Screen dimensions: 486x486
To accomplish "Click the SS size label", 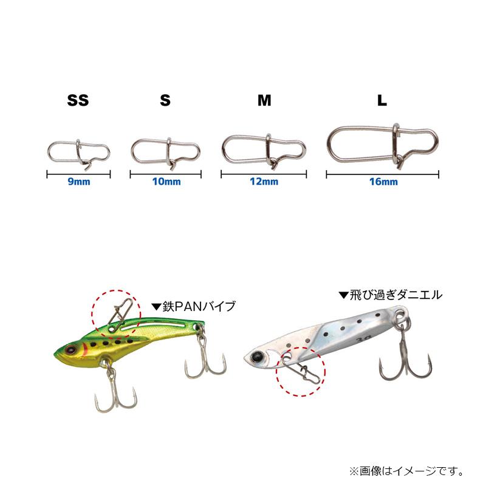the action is [x=78, y=101].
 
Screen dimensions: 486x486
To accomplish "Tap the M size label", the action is [x=264, y=101].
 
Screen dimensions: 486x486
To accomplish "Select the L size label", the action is [x=382, y=101].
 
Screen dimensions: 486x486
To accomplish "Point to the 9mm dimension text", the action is [x=78, y=182].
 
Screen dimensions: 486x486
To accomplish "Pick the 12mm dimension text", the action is [x=264, y=182].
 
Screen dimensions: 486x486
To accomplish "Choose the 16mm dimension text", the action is [x=383, y=182].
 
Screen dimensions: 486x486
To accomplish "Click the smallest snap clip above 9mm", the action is [x=78, y=152].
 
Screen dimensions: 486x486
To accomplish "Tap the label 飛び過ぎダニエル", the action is [x=390, y=295].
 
